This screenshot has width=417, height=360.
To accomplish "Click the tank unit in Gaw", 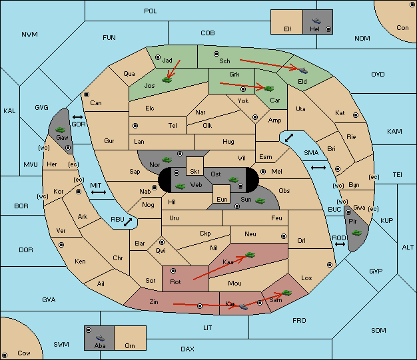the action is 61,130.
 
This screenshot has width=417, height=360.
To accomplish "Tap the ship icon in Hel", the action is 316,21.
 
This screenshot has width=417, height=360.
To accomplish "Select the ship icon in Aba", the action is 100,338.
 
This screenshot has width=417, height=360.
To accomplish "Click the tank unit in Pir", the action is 356,233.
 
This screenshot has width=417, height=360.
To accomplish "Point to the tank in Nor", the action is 167,160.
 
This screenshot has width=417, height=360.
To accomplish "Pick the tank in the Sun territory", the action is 260,201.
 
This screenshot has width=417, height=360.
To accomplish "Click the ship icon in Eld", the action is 303,70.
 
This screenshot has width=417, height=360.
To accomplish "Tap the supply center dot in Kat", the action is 356,115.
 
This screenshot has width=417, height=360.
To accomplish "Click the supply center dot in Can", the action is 87,94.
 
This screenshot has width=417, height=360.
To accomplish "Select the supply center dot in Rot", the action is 173,271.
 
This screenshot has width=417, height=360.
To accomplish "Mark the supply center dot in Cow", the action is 5,355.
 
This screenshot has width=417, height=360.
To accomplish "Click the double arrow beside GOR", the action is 78,117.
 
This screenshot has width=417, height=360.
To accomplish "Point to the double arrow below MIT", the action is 99,192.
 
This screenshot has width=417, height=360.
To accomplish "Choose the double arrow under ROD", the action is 340,244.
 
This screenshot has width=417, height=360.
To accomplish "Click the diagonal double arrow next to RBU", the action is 128,222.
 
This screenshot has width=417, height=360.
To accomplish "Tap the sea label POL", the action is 151,11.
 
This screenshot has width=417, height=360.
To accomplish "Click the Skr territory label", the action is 195,172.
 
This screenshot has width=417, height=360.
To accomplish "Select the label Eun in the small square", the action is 222,199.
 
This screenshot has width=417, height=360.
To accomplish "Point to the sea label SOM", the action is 378,330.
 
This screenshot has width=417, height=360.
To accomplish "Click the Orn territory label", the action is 130,345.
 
